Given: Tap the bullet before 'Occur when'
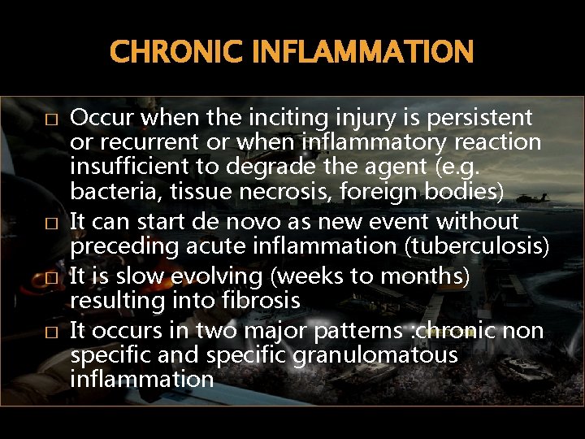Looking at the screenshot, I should (51, 120).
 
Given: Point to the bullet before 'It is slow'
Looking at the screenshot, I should (51, 278).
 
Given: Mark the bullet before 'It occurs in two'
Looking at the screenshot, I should (51, 332).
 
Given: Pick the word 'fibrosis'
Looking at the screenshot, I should (260, 301).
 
